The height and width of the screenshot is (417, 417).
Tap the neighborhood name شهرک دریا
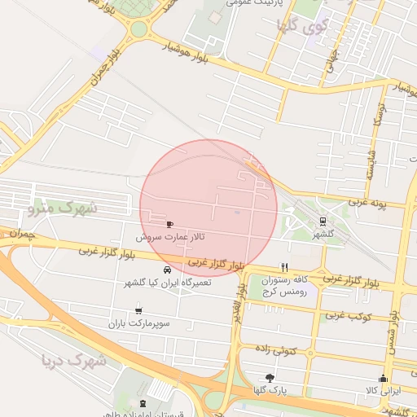[x=72, y=359]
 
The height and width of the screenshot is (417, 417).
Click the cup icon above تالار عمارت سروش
[x=169, y=224]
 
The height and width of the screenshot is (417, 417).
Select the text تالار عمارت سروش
[x=170, y=236]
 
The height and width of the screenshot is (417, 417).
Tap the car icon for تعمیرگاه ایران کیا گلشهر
[x=167, y=270]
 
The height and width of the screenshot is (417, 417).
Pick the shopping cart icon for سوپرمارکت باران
[x=138, y=310]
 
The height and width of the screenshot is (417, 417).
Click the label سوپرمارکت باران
[x=139, y=323]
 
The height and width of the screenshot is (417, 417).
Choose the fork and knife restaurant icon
[x=284, y=267]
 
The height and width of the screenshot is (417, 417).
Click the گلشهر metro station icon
[x=323, y=221]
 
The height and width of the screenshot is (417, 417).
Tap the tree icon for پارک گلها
[x=270, y=378]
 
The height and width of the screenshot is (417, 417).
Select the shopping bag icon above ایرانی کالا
[x=382, y=379]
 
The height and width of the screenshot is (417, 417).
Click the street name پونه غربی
[x=369, y=201]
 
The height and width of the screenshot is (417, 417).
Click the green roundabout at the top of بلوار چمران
[x=139, y=30]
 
